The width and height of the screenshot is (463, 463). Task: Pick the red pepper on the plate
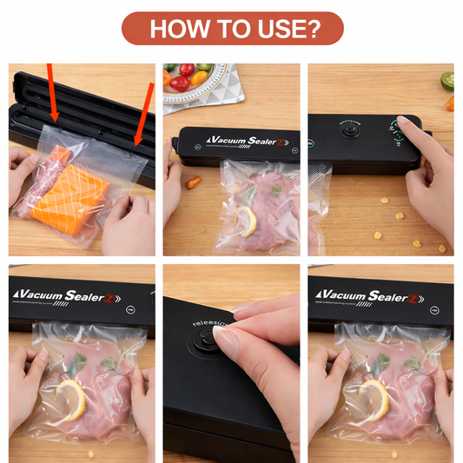pyautogui.click(x=181, y=84)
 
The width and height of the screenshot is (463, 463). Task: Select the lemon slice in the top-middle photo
pyautogui.click(x=246, y=221)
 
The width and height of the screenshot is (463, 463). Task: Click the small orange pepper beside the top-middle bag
pyautogui.click(x=193, y=182)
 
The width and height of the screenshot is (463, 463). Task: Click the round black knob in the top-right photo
pyautogui.click(x=350, y=134)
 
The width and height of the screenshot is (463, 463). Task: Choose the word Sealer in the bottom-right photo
pyautogui.click(x=399, y=297)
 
